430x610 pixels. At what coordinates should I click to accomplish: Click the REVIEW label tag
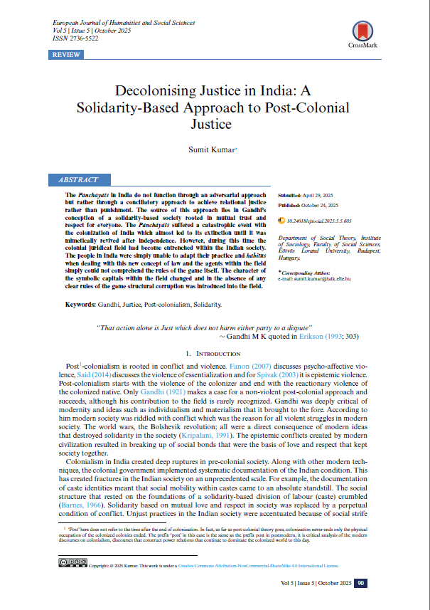(66, 54)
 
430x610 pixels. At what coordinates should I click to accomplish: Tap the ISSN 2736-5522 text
(77, 39)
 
